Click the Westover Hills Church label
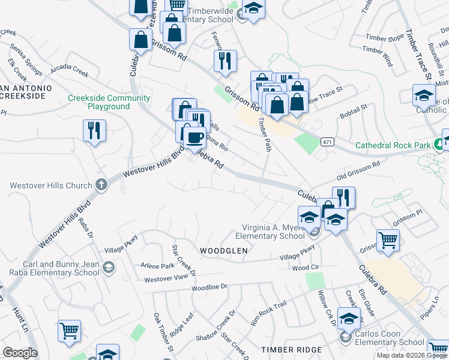pyautogui.click(x=50, y=185)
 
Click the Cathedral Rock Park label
pyautogui.click(x=393, y=145)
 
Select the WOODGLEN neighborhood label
pyautogui.click(x=223, y=250)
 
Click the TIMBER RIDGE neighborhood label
pyautogui.click(x=288, y=349)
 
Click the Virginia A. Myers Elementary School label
pyautogui.click(x=273, y=232)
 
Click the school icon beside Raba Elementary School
pyautogui.click(x=109, y=267)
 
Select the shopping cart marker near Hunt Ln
pyautogui.click(x=70, y=331)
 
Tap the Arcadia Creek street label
pyautogui.click(x=69, y=75)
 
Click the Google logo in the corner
pyautogui.click(x=20, y=353)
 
